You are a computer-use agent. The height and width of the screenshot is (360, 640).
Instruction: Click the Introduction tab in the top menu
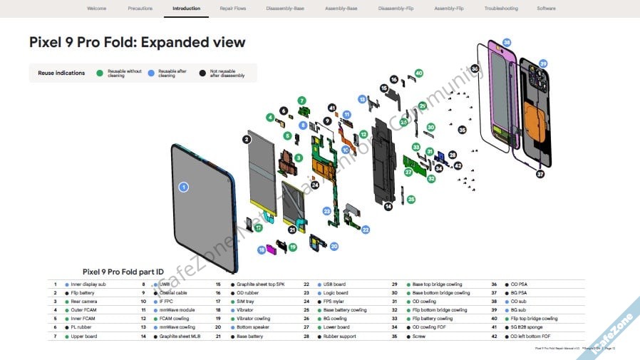coord(186,9)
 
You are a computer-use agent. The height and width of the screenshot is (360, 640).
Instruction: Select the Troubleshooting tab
coord(501,9)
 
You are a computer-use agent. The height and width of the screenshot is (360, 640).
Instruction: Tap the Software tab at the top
coord(546,9)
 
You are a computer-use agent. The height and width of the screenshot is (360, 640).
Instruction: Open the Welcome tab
coord(96,9)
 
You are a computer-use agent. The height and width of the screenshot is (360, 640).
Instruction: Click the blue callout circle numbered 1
coord(183,187)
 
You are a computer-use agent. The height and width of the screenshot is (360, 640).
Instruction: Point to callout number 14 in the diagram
coord(388,207)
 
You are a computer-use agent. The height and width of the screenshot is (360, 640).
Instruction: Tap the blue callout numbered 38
coord(507,43)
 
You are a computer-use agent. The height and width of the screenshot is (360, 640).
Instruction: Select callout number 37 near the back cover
coord(540,174)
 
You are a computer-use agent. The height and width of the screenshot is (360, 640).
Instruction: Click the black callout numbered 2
coord(247,140)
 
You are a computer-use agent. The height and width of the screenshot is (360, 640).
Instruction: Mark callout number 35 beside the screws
coord(462,130)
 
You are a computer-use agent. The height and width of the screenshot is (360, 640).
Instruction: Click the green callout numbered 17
coord(259,227)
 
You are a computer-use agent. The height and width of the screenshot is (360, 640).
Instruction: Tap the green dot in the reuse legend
coord(100,73)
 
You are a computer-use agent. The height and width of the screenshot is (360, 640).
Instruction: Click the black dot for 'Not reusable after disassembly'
coord(202,73)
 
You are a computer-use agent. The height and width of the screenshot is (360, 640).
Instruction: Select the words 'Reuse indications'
coord(61,73)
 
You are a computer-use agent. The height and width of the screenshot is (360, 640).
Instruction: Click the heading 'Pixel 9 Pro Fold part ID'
coord(123,272)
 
